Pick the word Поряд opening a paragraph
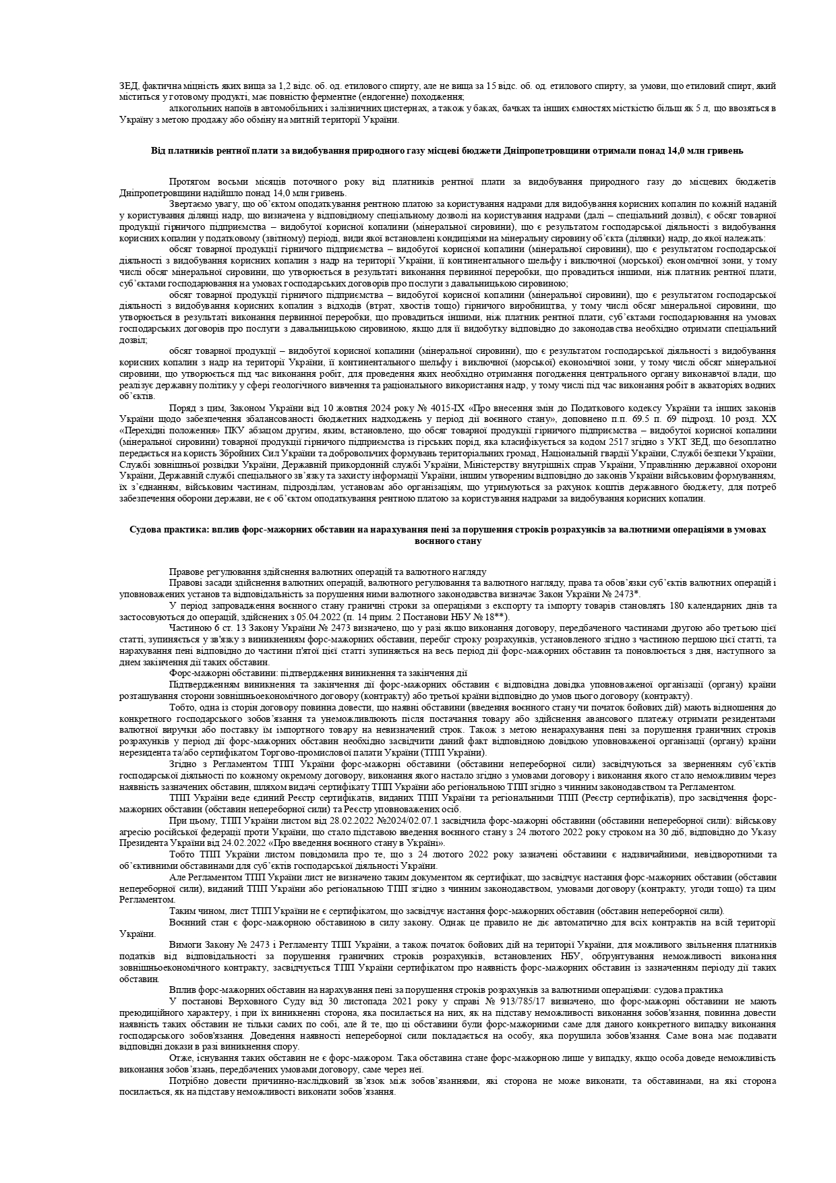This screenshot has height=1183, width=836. click(x=181, y=408)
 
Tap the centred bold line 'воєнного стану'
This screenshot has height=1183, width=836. click(x=447, y=541)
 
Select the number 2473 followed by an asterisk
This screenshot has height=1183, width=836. click(x=624, y=593)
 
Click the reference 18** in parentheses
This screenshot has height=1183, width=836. click(x=496, y=616)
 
